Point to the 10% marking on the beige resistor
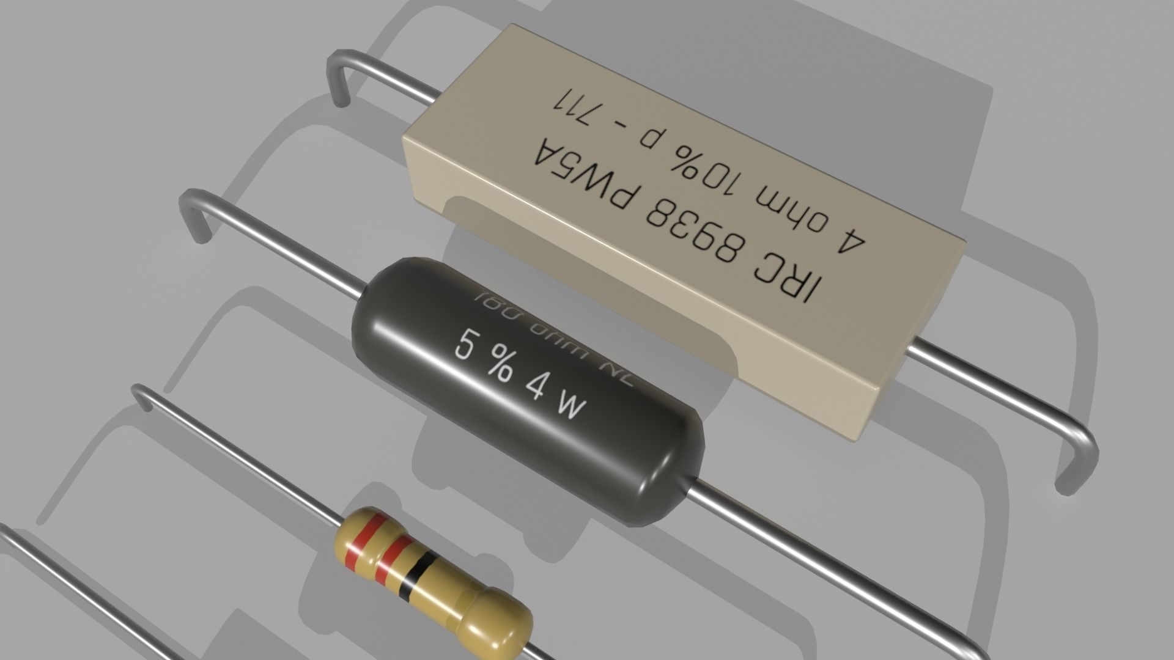point(697,157)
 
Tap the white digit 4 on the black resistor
point(536,385)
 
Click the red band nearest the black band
point(389,556)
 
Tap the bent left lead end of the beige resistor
point(339,79)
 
